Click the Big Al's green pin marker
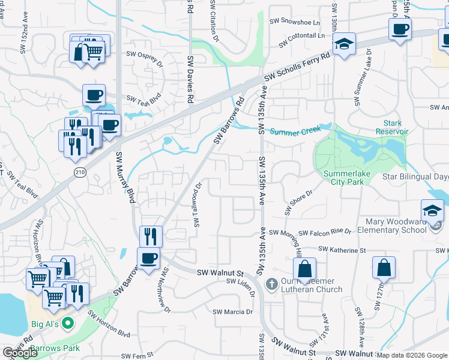(x=68, y=323)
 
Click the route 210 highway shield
(x=79, y=172)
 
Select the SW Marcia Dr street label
(x=233, y=312)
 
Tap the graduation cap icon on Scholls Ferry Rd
(x=345, y=44)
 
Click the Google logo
(x=20, y=353)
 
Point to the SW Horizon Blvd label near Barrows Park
(x=109, y=323)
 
